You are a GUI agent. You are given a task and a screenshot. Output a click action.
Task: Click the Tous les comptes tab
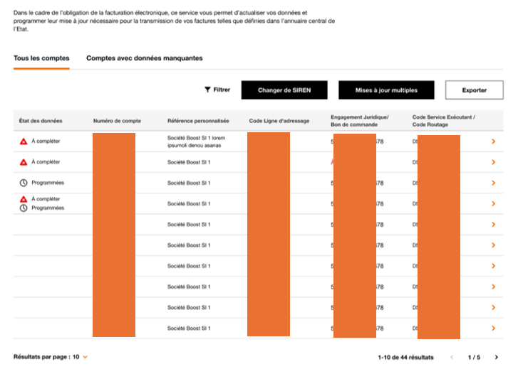pos(41,58)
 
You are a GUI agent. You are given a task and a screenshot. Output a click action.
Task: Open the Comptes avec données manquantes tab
pos(145,58)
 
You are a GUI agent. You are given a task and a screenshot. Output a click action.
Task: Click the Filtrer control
pos(217,90)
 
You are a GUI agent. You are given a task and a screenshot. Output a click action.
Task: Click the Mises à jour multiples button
pos(385,90)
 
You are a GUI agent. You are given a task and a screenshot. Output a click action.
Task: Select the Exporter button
pos(474,90)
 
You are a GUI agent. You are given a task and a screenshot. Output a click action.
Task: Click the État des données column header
pos(41,121)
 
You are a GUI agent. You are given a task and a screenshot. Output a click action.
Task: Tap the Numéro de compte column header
pos(117,121)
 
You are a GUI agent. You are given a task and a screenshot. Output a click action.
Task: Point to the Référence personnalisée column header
pos(198,121)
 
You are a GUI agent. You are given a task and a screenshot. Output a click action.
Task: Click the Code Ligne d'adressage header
pos(279,121)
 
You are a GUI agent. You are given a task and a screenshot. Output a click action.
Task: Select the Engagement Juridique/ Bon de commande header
pos(360,121)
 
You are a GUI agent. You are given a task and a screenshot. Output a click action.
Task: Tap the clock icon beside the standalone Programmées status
pos(24,183)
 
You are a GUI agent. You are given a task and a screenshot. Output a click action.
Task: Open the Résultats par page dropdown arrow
pos(86,357)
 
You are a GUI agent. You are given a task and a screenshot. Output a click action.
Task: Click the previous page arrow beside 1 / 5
pos(451,357)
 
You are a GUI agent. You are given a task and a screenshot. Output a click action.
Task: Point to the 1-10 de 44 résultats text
pos(405,357)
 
